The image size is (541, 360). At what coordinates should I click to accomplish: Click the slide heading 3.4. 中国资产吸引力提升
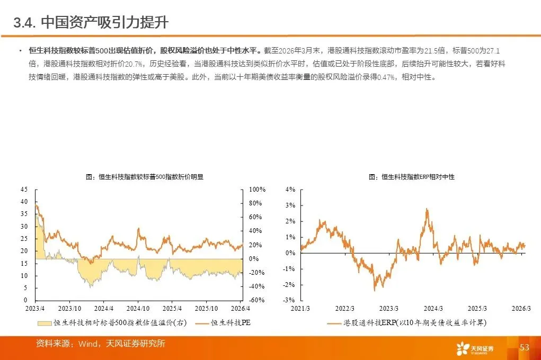click(91, 23)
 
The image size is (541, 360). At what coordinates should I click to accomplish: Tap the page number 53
click(525, 347)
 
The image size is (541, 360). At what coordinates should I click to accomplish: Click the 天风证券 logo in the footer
click(475, 349)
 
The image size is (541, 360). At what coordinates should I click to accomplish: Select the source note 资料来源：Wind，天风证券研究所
click(100, 344)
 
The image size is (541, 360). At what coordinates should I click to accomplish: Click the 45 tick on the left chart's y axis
click(24, 190)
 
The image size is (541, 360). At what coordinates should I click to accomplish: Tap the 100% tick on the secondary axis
click(257, 190)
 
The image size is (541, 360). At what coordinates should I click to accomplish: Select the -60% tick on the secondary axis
click(256, 300)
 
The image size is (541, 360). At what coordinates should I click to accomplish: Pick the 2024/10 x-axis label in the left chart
click(138, 308)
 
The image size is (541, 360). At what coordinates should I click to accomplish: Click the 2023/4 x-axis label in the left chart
click(35, 308)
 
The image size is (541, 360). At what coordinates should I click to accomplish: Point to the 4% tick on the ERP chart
click(290, 190)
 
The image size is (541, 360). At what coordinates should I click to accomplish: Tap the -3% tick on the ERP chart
click(289, 300)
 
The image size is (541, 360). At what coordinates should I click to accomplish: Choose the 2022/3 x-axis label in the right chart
click(344, 308)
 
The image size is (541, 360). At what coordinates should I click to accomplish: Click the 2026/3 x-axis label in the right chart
click(521, 308)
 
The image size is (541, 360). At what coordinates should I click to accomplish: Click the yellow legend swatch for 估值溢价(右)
click(45, 323)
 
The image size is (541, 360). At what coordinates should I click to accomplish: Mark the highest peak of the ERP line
click(427, 209)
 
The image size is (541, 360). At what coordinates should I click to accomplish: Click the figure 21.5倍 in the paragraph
click(434, 51)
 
